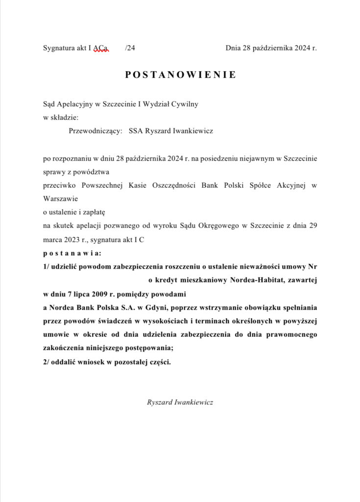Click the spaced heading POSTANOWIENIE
coord(180,75)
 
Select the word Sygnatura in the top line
coord(59,48)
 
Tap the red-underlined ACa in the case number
coord(101,48)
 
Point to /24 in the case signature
coord(130,48)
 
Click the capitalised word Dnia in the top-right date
coord(233,48)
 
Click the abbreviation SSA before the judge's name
coord(136,131)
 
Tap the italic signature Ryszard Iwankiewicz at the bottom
coord(180,402)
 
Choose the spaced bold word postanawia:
coord(72,253)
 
